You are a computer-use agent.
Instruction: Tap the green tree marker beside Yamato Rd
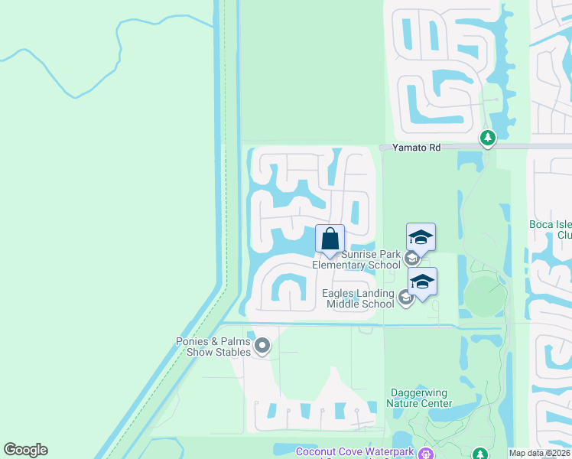pyautogui.click(x=487, y=138)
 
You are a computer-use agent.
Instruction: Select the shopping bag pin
pyautogui.click(x=330, y=239)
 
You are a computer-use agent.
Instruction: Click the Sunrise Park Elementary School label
pyautogui.click(x=356, y=259)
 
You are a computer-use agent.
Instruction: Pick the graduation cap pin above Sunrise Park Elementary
pyautogui.click(x=421, y=237)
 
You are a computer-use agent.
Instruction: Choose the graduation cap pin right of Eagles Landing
pyautogui.click(x=422, y=282)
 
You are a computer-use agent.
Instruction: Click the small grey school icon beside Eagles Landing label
pyautogui.click(x=405, y=298)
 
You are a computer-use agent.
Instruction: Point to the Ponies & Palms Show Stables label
pyautogui.click(x=213, y=347)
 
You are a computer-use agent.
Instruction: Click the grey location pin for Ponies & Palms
pyautogui.click(x=262, y=347)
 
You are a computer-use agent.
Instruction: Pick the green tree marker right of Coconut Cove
pyautogui.click(x=479, y=454)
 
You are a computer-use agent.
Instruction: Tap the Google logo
pyautogui.click(x=25, y=450)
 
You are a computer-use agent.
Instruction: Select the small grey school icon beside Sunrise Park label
pyautogui.click(x=411, y=259)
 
